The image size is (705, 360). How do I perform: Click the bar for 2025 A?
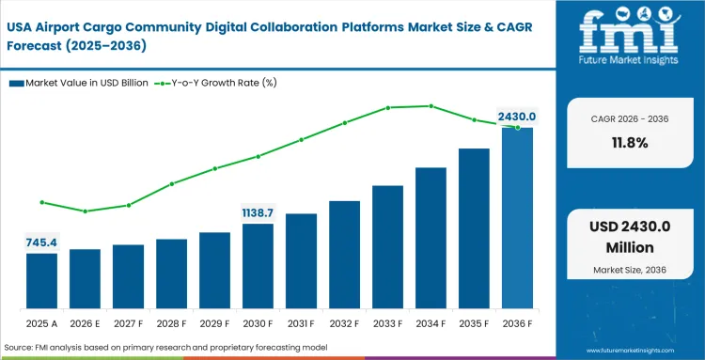(x=41, y=281)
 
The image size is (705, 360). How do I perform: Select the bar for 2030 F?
(x=258, y=266)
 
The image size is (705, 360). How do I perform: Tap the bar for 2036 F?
(x=517, y=218)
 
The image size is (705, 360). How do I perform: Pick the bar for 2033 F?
(x=387, y=247)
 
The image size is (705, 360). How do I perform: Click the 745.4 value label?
(x=41, y=243)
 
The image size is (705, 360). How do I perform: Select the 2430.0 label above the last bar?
(x=516, y=117)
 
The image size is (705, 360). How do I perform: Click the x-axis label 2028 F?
(x=171, y=323)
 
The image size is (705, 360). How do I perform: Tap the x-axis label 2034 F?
(x=431, y=323)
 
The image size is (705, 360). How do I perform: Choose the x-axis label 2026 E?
(x=85, y=323)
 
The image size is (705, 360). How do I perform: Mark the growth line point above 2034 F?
(x=431, y=106)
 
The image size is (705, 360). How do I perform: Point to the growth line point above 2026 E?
(x=85, y=211)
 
